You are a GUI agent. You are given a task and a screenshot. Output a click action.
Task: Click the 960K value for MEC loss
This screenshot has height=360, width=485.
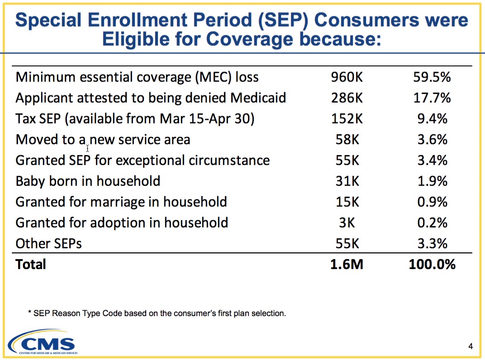347,77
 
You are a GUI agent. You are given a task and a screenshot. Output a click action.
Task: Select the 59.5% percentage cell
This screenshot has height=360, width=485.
432,77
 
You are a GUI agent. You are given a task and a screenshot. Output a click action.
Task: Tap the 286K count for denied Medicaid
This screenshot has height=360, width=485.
347,98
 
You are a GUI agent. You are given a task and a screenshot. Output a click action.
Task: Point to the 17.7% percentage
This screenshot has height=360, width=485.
432,98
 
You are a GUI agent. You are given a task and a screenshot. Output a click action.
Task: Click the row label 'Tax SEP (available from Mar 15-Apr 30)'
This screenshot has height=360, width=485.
135,119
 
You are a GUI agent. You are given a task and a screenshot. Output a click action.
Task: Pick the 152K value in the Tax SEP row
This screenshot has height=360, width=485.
347,119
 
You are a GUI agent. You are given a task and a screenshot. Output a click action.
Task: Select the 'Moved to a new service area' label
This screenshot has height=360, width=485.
103,139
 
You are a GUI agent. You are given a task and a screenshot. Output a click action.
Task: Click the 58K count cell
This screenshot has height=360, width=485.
347,139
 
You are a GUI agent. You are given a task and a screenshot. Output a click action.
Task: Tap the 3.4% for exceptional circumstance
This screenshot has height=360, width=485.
433,160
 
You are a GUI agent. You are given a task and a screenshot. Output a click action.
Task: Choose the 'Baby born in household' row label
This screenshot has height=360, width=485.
88,181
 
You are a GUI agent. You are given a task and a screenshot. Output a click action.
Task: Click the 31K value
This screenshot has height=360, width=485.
347,181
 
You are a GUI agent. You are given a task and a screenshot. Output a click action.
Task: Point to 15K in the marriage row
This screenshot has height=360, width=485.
347,202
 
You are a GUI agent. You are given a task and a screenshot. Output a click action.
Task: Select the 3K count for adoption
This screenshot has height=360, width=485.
347,223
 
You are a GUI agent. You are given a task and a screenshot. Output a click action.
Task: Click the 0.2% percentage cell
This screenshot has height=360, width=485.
433,223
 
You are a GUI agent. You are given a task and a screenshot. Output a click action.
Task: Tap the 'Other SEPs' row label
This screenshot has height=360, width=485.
48,244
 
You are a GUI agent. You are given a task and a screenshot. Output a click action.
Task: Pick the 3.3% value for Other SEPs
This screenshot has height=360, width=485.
433,244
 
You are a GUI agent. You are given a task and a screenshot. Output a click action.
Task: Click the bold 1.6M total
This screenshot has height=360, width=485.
347,265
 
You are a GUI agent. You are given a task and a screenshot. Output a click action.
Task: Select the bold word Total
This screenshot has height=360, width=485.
31,265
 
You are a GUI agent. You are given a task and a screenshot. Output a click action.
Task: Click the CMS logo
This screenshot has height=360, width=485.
43,341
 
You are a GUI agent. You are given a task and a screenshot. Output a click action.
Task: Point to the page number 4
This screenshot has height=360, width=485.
471,346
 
